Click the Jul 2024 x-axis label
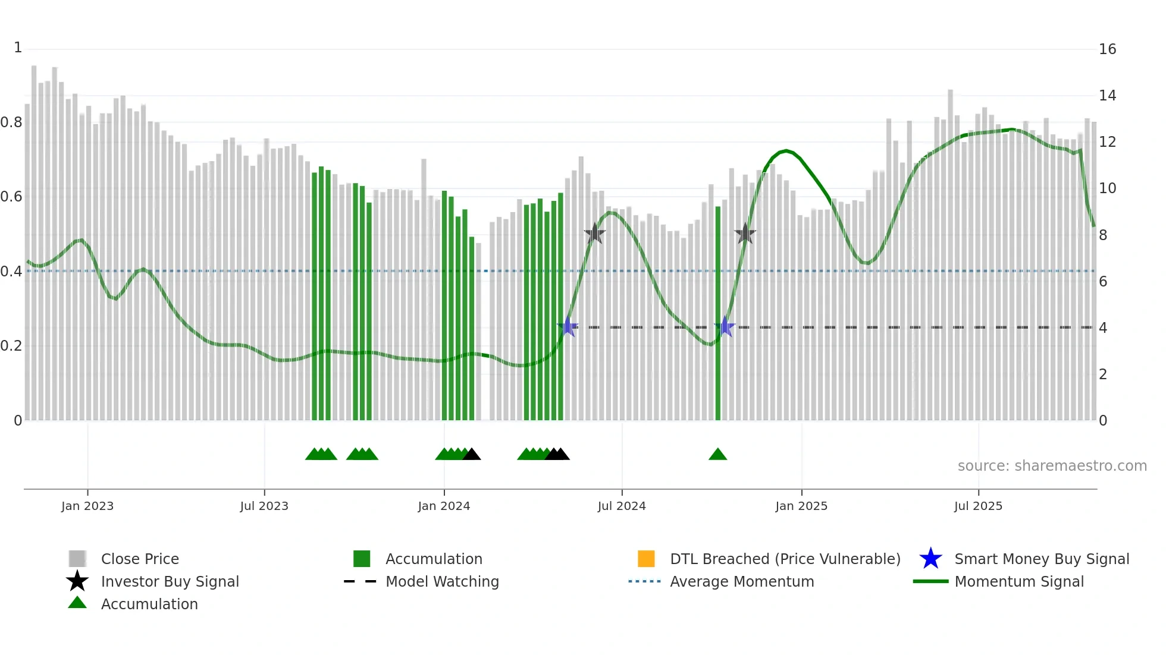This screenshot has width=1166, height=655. (x=622, y=506)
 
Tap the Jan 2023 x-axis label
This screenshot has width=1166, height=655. (x=87, y=506)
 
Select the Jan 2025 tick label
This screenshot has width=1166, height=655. (x=801, y=506)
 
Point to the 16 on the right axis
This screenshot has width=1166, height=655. (x=1107, y=49)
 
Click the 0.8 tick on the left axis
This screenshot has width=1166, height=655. (x=11, y=122)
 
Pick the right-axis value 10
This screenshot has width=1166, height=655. (x=1107, y=188)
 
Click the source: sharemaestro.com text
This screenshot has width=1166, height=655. (x=1052, y=466)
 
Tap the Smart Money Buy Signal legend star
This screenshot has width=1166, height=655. (x=930, y=559)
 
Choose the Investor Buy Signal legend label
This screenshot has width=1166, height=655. (x=170, y=581)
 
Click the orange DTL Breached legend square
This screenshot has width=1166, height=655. (x=646, y=559)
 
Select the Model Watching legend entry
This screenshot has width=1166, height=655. (x=442, y=581)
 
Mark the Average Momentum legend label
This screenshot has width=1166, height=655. (x=742, y=581)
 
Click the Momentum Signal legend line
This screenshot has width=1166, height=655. (x=930, y=581)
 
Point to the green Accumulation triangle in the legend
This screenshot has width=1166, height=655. (x=77, y=603)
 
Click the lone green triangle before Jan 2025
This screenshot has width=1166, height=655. (x=718, y=455)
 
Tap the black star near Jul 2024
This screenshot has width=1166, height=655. (x=594, y=234)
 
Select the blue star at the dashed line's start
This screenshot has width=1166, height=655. (x=568, y=326)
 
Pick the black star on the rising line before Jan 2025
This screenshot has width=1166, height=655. (x=745, y=234)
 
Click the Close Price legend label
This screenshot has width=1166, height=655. (x=140, y=559)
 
